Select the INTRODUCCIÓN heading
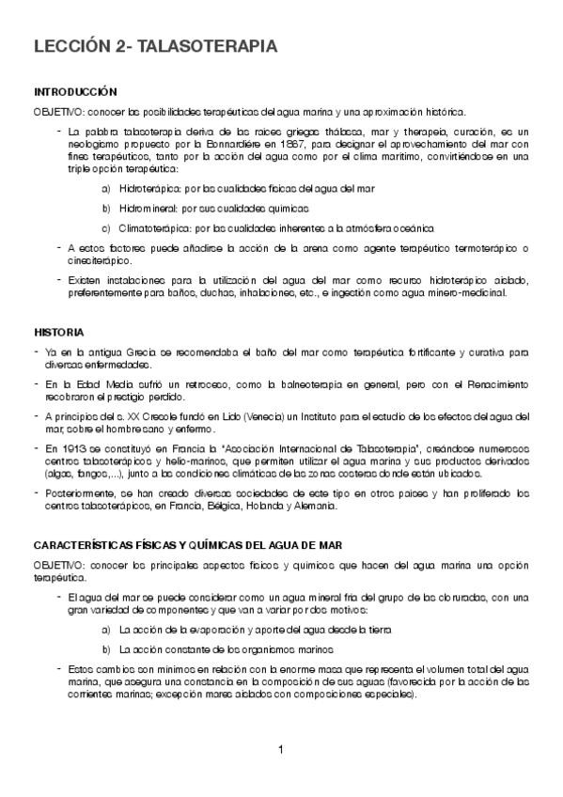[75, 92]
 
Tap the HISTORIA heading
[59, 333]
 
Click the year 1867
[289, 145]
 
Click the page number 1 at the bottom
[281, 749]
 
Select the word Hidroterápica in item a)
[148, 188]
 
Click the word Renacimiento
[499, 384]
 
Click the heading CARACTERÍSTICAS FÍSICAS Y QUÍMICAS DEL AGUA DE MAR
[187, 545]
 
